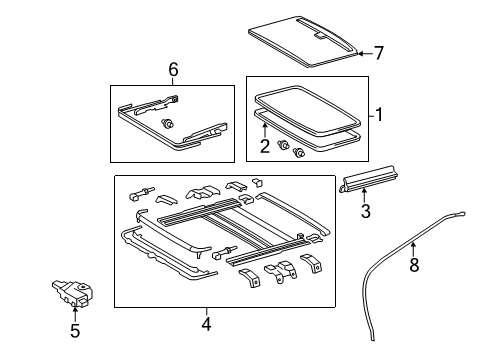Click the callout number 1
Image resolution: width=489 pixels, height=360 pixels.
click(x=379, y=115)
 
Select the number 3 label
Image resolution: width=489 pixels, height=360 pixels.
click(x=366, y=211)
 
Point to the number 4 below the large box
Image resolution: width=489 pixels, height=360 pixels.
click(x=205, y=323)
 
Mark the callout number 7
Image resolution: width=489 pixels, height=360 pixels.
click(x=378, y=53)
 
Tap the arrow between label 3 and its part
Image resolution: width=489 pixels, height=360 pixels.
click(x=366, y=197)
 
